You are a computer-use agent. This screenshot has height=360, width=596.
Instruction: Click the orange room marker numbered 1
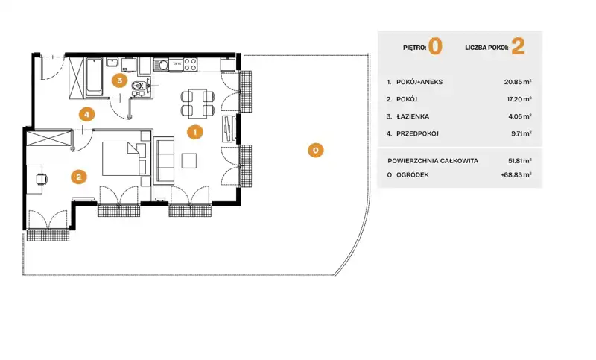tap(195, 132)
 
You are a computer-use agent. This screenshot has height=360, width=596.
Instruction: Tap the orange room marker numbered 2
tap(79, 177)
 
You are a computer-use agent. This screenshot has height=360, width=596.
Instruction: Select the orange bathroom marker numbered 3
tap(119, 80)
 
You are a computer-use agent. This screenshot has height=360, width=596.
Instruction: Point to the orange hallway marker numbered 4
tap(86, 114)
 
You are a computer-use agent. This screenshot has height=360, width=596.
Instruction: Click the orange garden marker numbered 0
tap(315, 150)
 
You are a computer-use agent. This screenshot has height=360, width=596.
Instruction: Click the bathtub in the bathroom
tap(94, 77)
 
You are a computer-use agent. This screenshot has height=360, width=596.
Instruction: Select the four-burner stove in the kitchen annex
tap(191, 65)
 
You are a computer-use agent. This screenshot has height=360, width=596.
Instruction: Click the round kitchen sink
tap(163, 66)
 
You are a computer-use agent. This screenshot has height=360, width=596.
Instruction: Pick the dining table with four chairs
tap(197, 103)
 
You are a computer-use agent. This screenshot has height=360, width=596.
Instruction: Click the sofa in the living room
tap(164, 161)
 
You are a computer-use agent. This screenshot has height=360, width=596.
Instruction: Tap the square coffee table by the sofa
tap(189, 160)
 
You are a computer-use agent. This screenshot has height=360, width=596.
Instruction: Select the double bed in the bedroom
tap(124, 159)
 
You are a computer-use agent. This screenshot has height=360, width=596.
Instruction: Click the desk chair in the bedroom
tap(42, 179)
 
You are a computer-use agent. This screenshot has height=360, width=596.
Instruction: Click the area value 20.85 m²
tap(518, 82)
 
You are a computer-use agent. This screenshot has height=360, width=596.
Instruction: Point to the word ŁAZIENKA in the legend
tap(413, 116)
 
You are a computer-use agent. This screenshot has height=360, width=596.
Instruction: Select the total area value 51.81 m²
tap(519, 161)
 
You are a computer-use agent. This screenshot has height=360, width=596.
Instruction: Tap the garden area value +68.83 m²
tap(516, 175)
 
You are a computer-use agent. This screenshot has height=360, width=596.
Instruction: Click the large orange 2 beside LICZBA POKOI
tap(518, 46)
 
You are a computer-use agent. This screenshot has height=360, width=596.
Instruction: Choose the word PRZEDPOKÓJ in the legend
tap(417, 133)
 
